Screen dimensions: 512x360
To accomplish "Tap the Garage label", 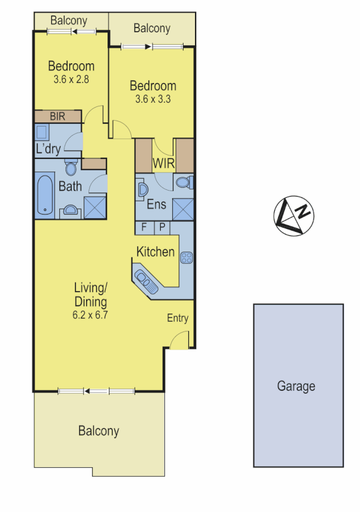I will click(x=296, y=386).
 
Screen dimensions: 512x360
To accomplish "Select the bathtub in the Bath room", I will click(x=44, y=194).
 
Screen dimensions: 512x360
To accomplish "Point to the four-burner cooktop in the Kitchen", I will click(x=186, y=258).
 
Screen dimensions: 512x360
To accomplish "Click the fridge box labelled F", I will click(x=144, y=228).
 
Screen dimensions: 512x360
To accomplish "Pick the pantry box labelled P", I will click(x=163, y=228).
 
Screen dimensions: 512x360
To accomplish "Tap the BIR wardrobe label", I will click(x=58, y=116).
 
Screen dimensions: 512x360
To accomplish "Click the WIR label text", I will click(x=163, y=163).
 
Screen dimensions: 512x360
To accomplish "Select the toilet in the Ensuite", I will click(x=184, y=182).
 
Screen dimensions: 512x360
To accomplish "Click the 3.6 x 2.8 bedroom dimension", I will click(x=71, y=78).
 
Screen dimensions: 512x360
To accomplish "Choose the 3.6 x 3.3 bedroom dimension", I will click(x=153, y=99).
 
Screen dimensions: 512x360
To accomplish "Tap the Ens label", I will click(x=157, y=204).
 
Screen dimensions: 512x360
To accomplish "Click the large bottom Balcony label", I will click(x=99, y=431).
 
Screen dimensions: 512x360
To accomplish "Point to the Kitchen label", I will click(x=155, y=252).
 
